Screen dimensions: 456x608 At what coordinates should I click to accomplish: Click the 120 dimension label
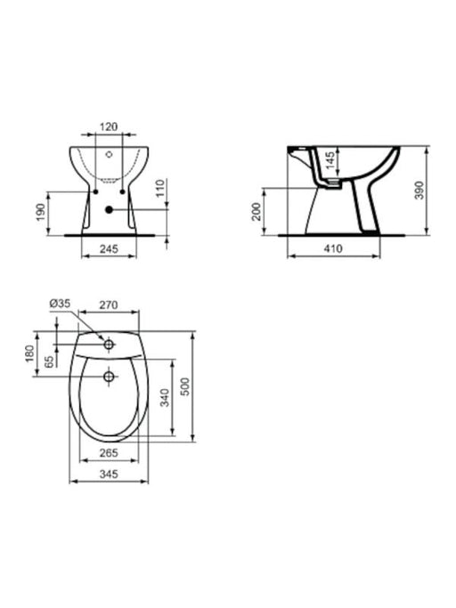(109, 126)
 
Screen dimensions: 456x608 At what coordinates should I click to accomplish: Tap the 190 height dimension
(41, 213)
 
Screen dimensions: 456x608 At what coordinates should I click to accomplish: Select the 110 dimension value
(160, 188)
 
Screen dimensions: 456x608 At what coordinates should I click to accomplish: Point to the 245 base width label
(109, 248)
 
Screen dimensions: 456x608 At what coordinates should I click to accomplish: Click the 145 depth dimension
(330, 160)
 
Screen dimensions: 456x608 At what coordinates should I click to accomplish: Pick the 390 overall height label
(419, 191)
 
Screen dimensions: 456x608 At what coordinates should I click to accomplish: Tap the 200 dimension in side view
(256, 211)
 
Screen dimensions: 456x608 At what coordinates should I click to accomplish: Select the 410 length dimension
(333, 248)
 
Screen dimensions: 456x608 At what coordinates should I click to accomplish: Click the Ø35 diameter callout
(61, 304)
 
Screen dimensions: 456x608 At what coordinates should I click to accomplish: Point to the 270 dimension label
(109, 305)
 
